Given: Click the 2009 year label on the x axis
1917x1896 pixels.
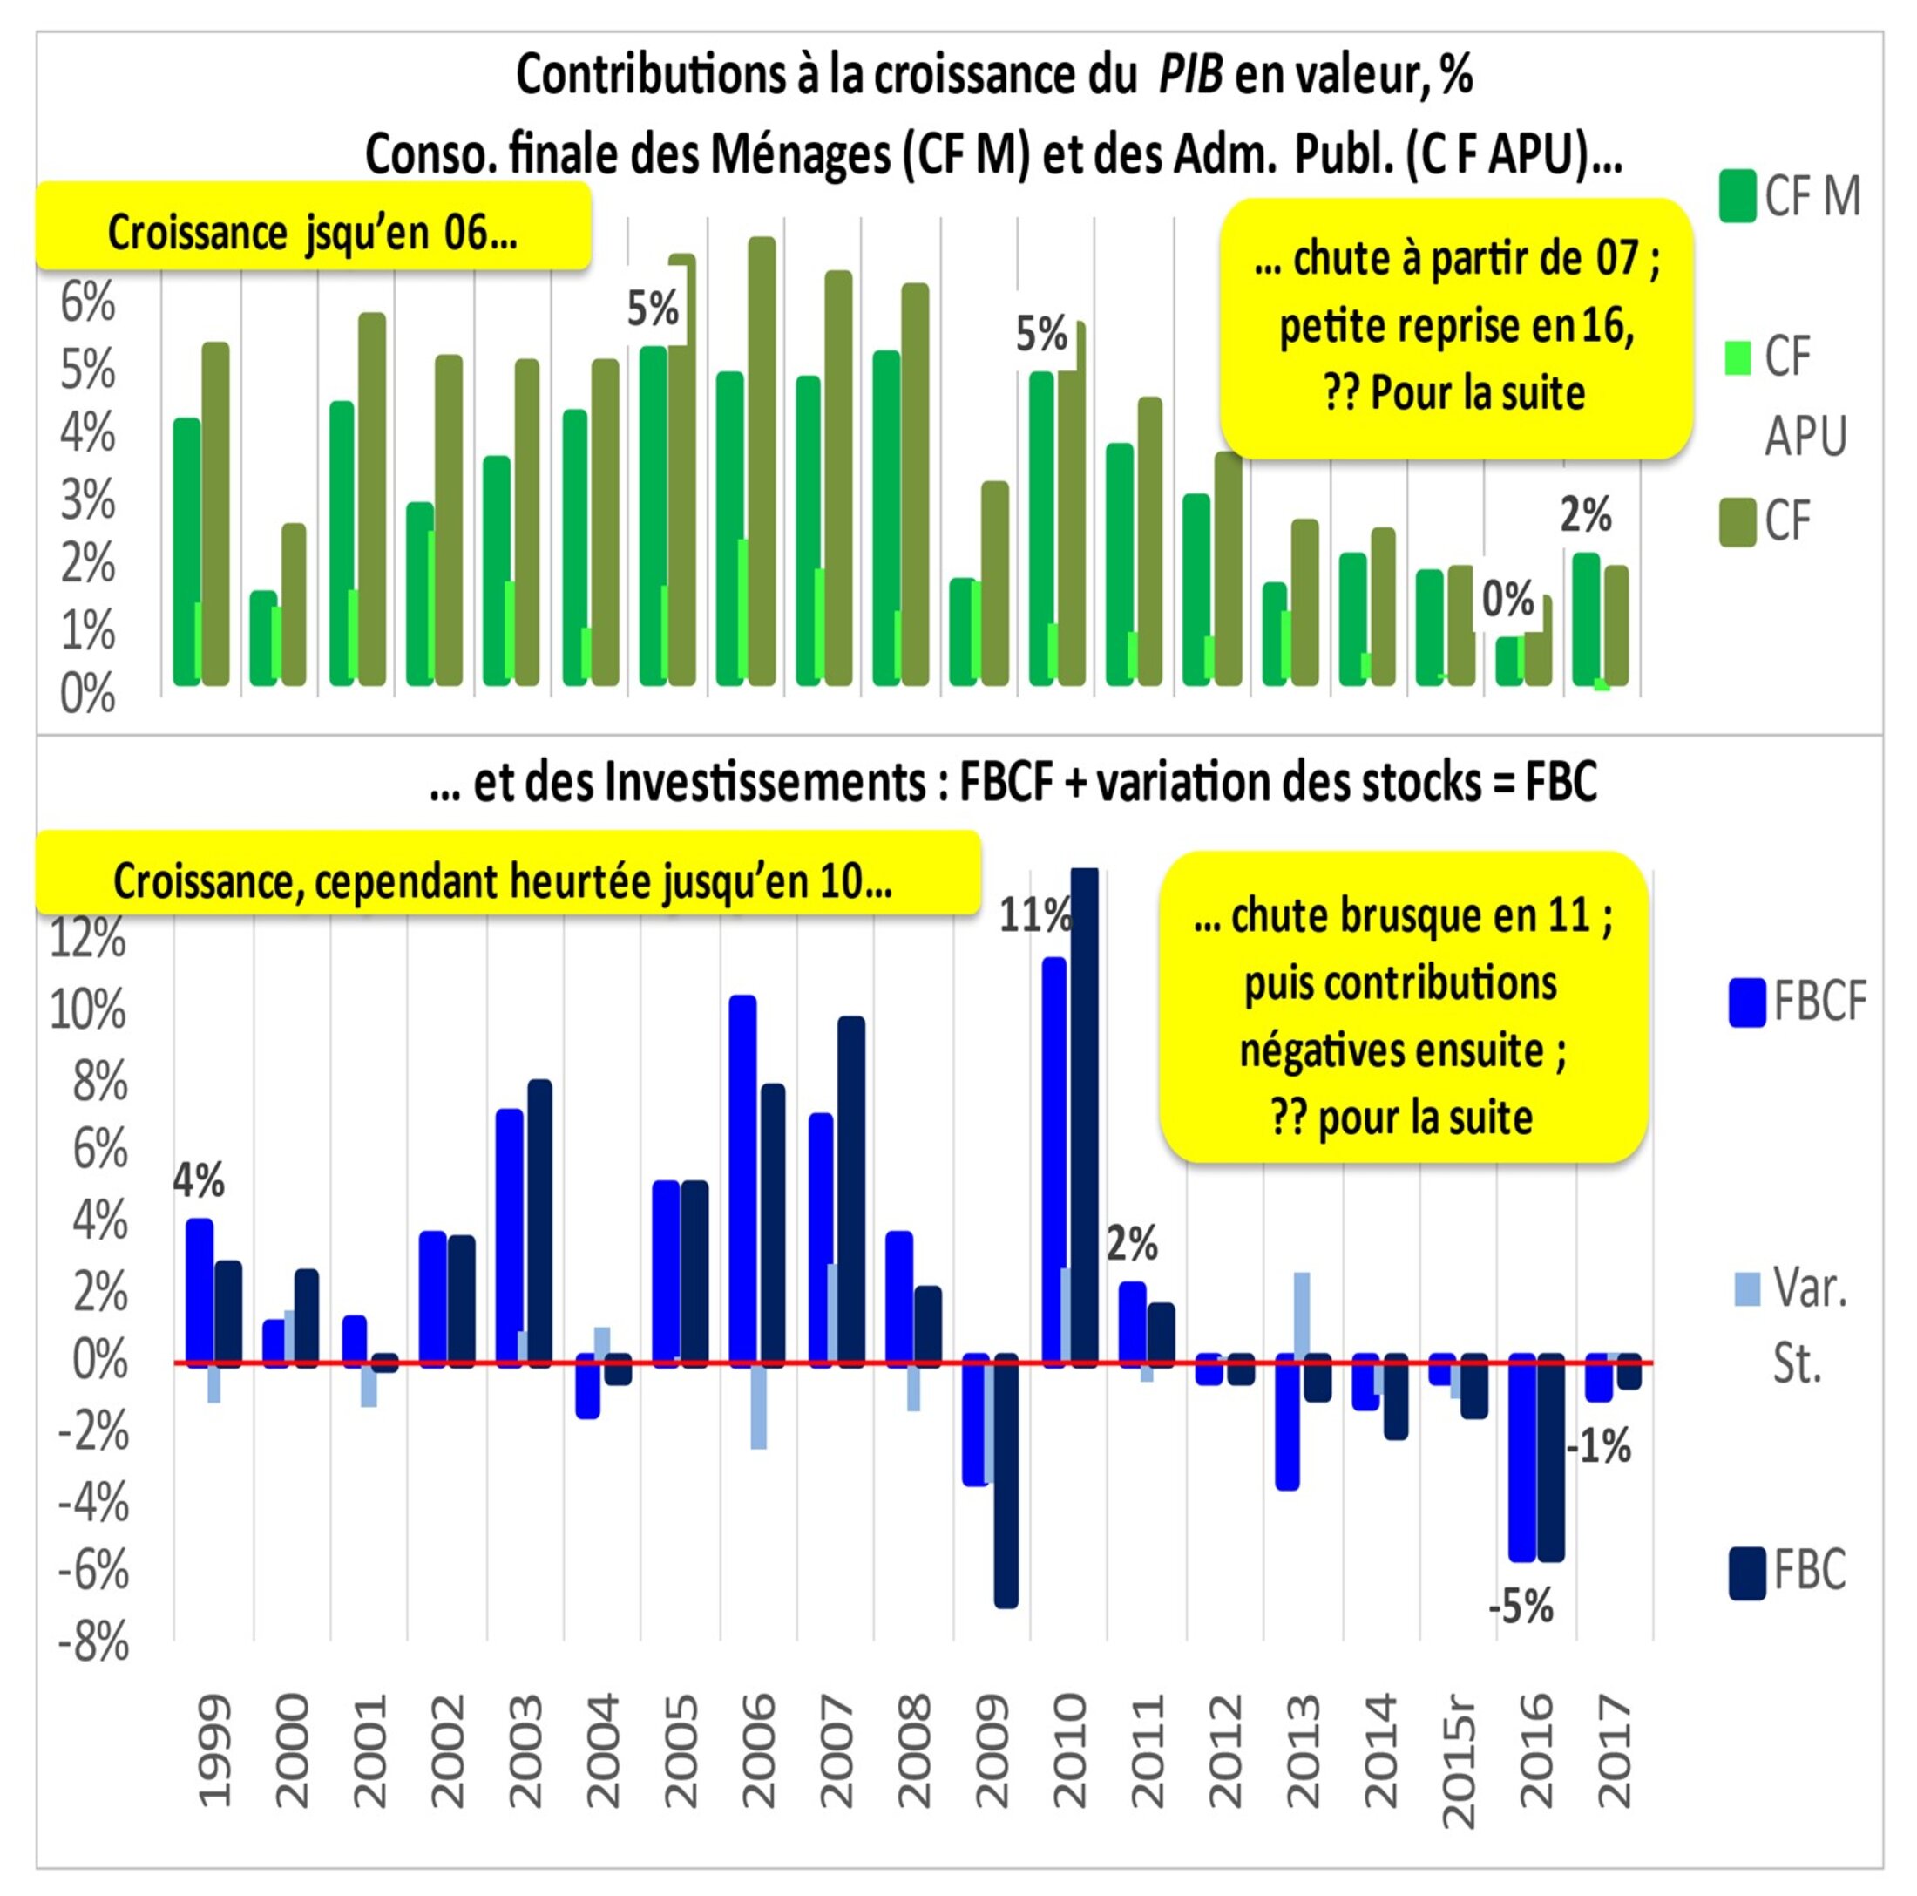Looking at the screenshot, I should pyautogui.click(x=992, y=1751).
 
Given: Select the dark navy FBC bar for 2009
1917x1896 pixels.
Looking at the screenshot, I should pyautogui.click(x=1006, y=1479).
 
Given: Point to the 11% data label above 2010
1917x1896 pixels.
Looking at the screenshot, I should pyautogui.click(x=1034, y=914).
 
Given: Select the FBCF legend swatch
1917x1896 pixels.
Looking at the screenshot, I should pyautogui.click(x=1746, y=1002).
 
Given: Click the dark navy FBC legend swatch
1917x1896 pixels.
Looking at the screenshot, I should pyautogui.click(x=1746, y=1573).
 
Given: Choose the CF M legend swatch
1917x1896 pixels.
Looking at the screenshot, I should pyautogui.click(x=1737, y=195).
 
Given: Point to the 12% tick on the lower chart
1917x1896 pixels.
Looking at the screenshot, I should pyautogui.click(x=88, y=937).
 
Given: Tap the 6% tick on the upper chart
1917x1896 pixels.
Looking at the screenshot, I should pyautogui.click(x=88, y=302).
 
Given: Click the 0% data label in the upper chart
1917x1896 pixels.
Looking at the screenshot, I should pyautogui.click(x=1507, y=599).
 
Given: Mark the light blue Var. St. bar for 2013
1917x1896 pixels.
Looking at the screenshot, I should pyautogui.click(x=1301, y=1315).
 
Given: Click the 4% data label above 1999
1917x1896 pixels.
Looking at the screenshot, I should pyautogui.click(x=199, y=1180).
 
